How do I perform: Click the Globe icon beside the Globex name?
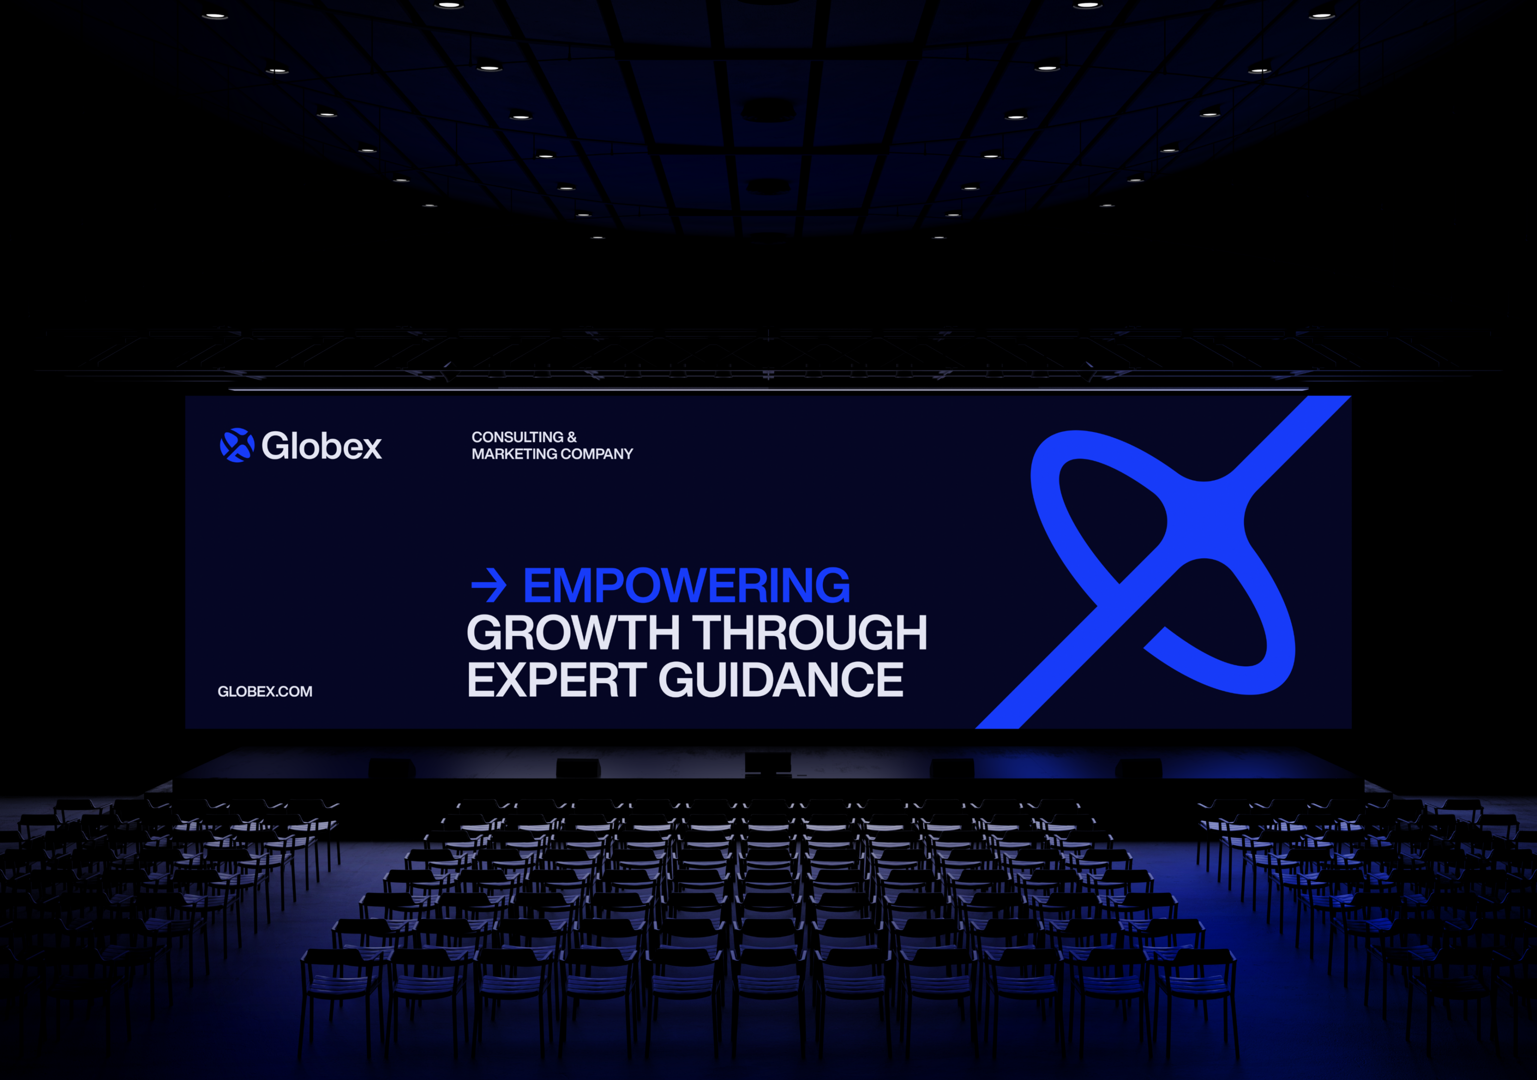(x=237, y=445)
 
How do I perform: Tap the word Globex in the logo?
(x=321, y=445)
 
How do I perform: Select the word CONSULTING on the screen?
(x=517, y=437)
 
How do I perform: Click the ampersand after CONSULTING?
(x=572, y=437)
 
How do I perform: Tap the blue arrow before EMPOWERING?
(x=488, y=586)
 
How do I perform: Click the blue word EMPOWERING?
(x=686, y=586)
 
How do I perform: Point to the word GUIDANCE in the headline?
(x=781, y=679)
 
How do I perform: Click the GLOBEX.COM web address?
(x=265, y=691)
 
